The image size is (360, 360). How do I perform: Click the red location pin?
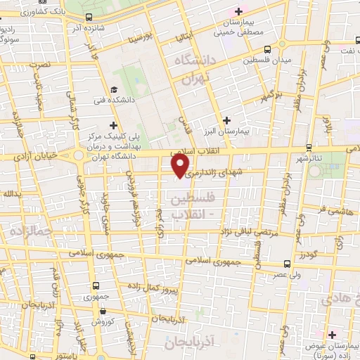pos(181,165)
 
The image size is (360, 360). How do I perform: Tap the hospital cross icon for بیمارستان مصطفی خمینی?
pos(239,11)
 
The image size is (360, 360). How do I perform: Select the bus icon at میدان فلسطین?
pos(267,49)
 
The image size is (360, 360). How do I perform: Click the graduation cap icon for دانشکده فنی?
pos(113,89)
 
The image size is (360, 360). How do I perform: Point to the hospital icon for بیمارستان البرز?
pos(227,120)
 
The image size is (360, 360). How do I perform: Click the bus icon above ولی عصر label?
pos(287,264)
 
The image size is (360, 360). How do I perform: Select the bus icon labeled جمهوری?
pos(96,285)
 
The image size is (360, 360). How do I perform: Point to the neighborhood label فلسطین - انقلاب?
pos(187,206)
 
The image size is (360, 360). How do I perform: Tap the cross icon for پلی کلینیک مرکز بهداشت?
pos(113,124)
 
